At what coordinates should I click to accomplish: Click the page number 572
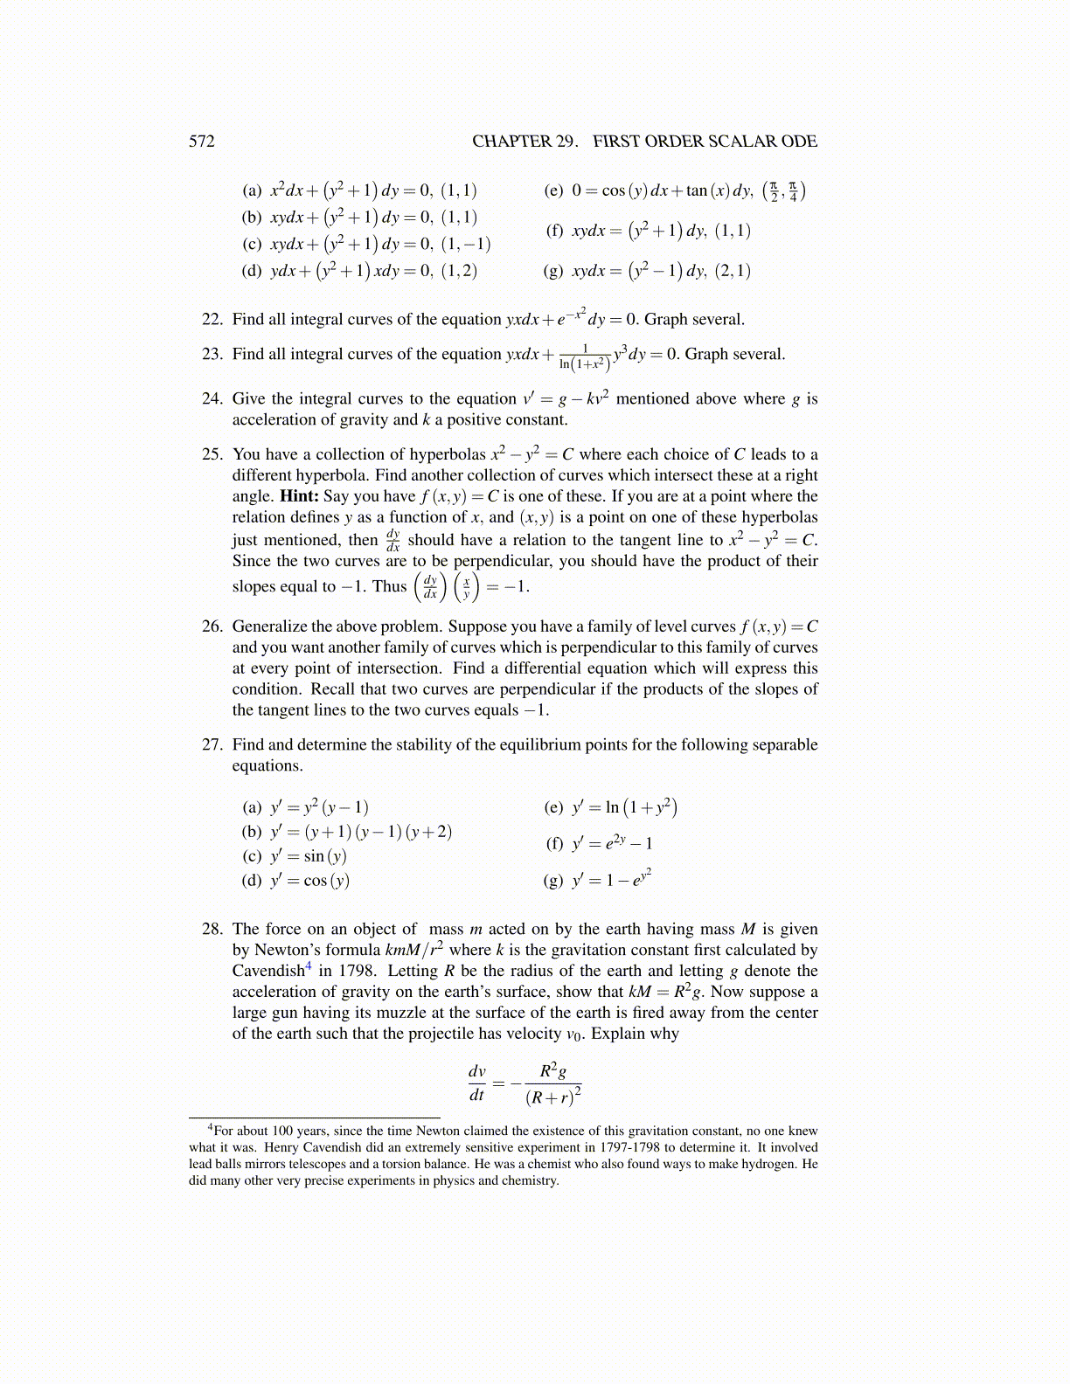click(201, 142)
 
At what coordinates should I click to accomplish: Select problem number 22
click(212, 320)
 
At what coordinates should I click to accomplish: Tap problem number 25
click(212, 454)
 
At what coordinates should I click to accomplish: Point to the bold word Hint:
click(299, 496)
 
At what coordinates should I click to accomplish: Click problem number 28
click(212, 930)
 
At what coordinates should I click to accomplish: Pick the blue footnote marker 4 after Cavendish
click(308, 966)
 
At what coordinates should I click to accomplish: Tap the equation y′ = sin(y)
click(309, 856)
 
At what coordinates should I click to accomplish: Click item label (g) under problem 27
click(553, 881)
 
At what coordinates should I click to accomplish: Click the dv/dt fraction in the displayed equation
click(476, 1083)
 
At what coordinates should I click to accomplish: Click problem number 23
click(212, 355)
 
